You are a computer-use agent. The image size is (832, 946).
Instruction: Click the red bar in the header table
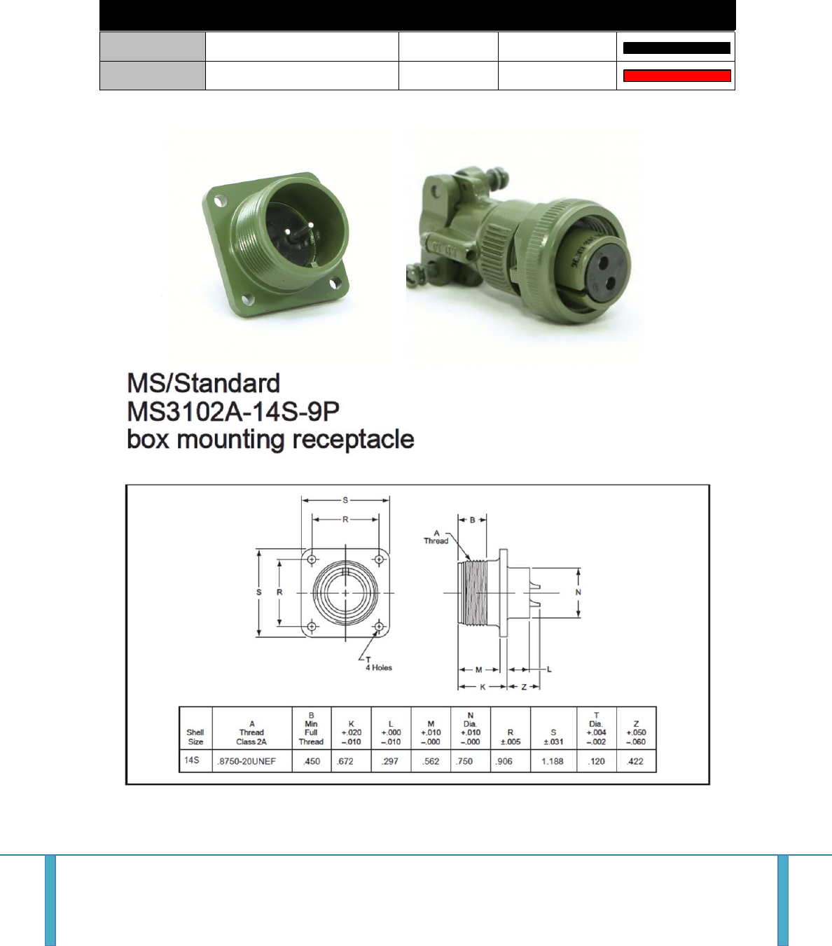point(677,76)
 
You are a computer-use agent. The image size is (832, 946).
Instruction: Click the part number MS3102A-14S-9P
point(233,411)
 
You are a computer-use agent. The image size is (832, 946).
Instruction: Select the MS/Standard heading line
point(204,383)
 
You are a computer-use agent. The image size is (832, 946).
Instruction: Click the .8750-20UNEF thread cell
point(247,762)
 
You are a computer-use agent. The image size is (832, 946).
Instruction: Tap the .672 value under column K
point(345,762)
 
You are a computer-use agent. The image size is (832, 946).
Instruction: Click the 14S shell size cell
point(191,760)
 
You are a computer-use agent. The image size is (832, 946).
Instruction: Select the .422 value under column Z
point(635,762)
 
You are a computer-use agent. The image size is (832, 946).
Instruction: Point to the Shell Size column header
point(195,737)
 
